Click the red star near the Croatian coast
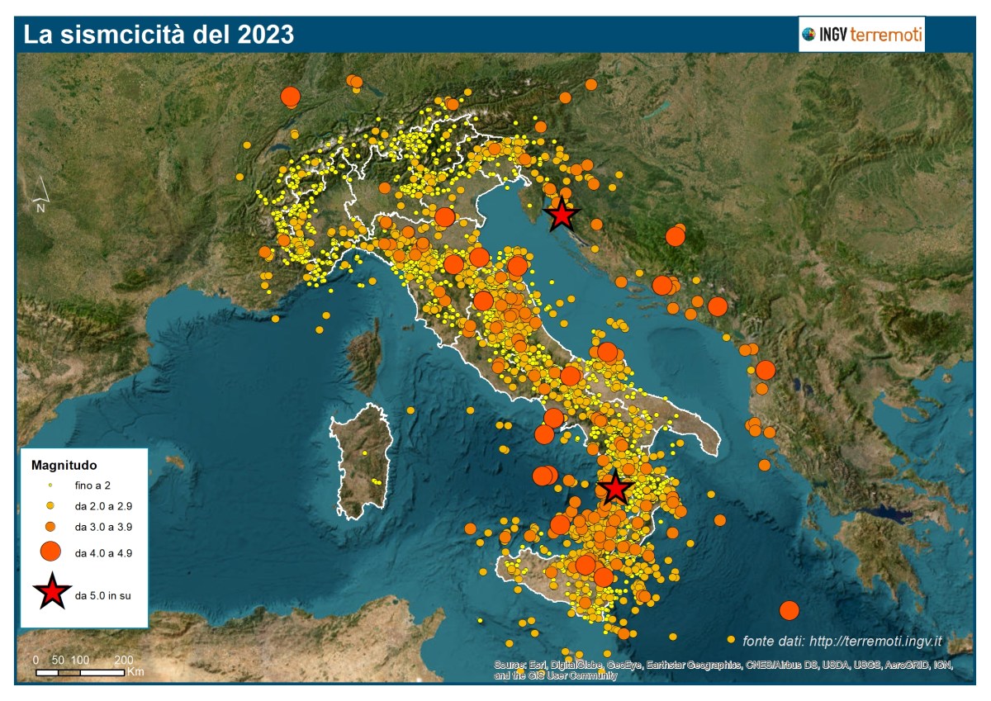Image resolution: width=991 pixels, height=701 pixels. coord(562,215)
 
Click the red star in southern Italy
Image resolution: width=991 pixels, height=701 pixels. coord(615,489)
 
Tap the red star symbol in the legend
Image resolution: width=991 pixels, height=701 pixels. coord(51,592)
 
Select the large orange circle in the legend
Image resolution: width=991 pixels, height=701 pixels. coord(50,551)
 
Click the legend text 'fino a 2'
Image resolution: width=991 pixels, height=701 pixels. coord(92,485)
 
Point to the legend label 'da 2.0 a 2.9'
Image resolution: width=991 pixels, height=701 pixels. coord(102,505)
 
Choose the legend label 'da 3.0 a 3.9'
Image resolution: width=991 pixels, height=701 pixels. coord(102,526)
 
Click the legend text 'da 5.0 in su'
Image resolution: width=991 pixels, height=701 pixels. coord(102,594)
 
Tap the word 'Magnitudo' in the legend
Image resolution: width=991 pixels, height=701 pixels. coord(59,464)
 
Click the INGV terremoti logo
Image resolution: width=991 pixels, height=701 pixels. coord(861,35)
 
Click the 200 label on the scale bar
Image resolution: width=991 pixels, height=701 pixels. coord(124,661)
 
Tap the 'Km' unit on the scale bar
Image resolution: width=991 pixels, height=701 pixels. coord(135,672)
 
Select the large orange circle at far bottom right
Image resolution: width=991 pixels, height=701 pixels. coord(789,610)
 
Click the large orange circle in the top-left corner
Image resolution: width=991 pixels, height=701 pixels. coord(290,97)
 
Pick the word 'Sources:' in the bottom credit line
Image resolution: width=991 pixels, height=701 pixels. coord(510,665)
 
